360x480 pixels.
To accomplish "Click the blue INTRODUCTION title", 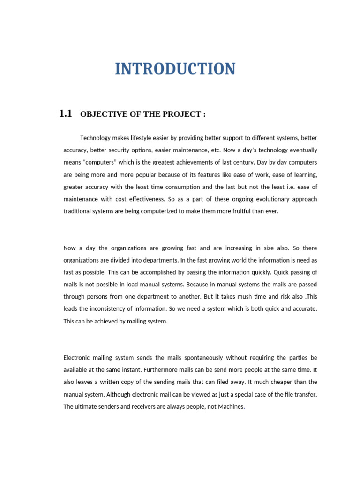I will [175, 69].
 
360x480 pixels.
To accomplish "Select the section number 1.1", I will [65, 113].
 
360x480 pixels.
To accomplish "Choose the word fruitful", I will [225, 211].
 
